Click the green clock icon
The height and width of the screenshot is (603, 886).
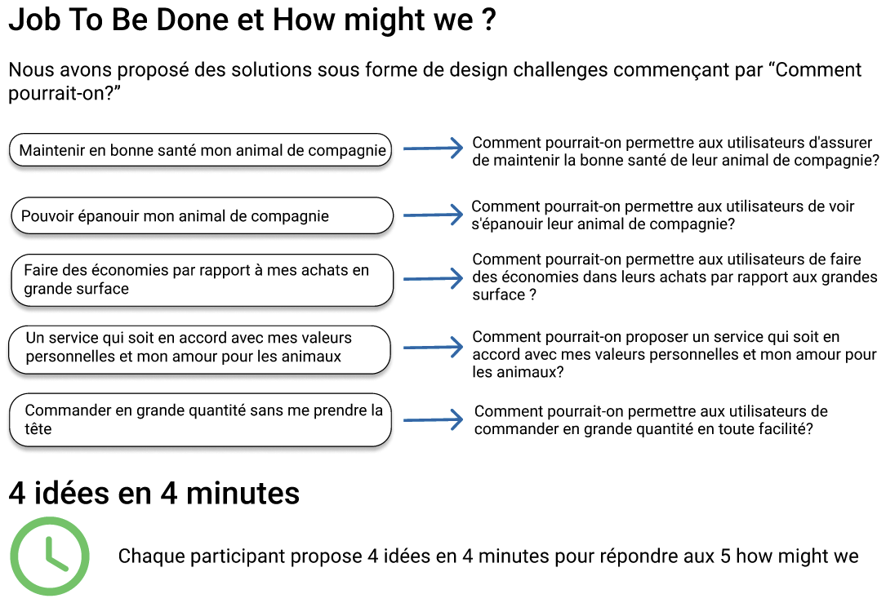coord(49,556)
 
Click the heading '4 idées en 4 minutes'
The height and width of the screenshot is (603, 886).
coord(154,493)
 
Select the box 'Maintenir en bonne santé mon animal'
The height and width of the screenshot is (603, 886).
coord(201,151)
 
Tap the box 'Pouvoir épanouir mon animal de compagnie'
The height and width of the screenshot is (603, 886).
coord(201,216)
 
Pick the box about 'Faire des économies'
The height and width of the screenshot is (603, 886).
coord(201,280)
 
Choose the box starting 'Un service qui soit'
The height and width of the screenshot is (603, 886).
coord(201,348)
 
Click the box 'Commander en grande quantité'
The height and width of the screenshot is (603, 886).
coord(201,420)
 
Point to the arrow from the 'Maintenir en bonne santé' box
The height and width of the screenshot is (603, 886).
coord(433,149)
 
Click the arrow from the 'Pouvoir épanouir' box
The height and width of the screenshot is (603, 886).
coord(433,215)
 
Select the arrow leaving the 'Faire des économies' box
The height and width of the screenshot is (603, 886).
coord(433,279)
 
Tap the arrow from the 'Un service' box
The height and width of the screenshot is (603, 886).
coord(433,348)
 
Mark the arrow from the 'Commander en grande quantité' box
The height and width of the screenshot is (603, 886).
coord(433,420)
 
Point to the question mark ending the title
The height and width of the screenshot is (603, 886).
coord(488,21)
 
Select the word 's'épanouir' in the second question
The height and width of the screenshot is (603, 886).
coord(505,224)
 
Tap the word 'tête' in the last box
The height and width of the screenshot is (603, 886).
coord(38,428)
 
